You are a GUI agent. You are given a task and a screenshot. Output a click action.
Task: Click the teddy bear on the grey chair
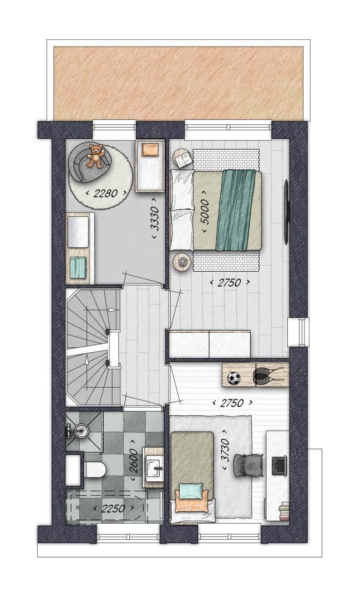pos(95,155)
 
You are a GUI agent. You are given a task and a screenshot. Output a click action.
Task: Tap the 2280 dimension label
pos(105,194)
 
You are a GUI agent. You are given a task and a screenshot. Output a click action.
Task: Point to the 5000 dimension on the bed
pos(205,211)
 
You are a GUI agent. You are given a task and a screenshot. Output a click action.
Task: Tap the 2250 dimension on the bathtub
pos(114,509)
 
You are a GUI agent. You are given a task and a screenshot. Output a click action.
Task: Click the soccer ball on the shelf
pos(234,379)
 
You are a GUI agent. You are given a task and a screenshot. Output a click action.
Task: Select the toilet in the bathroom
pos(94,470)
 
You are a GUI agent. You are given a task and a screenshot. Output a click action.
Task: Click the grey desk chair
pos(249,464)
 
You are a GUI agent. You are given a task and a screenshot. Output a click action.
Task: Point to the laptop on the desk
pos(280,465)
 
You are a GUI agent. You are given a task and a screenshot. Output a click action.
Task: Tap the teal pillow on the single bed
pos(191,490)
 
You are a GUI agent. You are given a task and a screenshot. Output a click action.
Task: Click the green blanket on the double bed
pos(235,210)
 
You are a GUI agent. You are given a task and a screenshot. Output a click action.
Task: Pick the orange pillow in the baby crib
pos(150,149)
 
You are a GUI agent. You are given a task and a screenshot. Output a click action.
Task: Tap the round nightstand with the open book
pos(184,158)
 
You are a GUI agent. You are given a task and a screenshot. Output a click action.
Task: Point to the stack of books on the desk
pos(285,511)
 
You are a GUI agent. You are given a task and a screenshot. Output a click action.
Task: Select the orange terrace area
pos(179,83)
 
